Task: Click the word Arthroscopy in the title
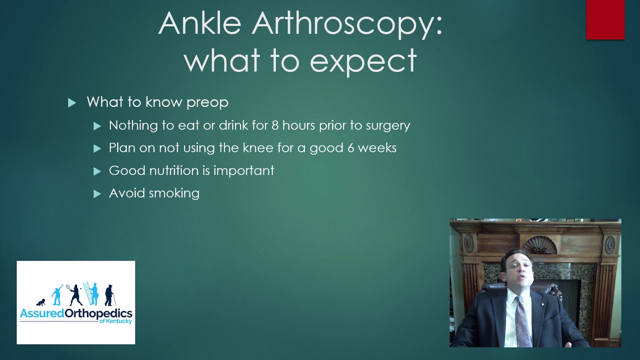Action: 347,23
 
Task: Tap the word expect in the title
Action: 363,60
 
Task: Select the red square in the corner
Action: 605,19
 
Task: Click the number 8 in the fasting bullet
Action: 275,125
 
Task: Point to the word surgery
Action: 387,125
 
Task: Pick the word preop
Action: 207,102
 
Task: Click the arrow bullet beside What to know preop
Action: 72,102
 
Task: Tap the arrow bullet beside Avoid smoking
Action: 97,193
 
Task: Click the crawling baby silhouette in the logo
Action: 40,302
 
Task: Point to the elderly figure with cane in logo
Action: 109,295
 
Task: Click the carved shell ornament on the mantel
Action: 539,245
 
